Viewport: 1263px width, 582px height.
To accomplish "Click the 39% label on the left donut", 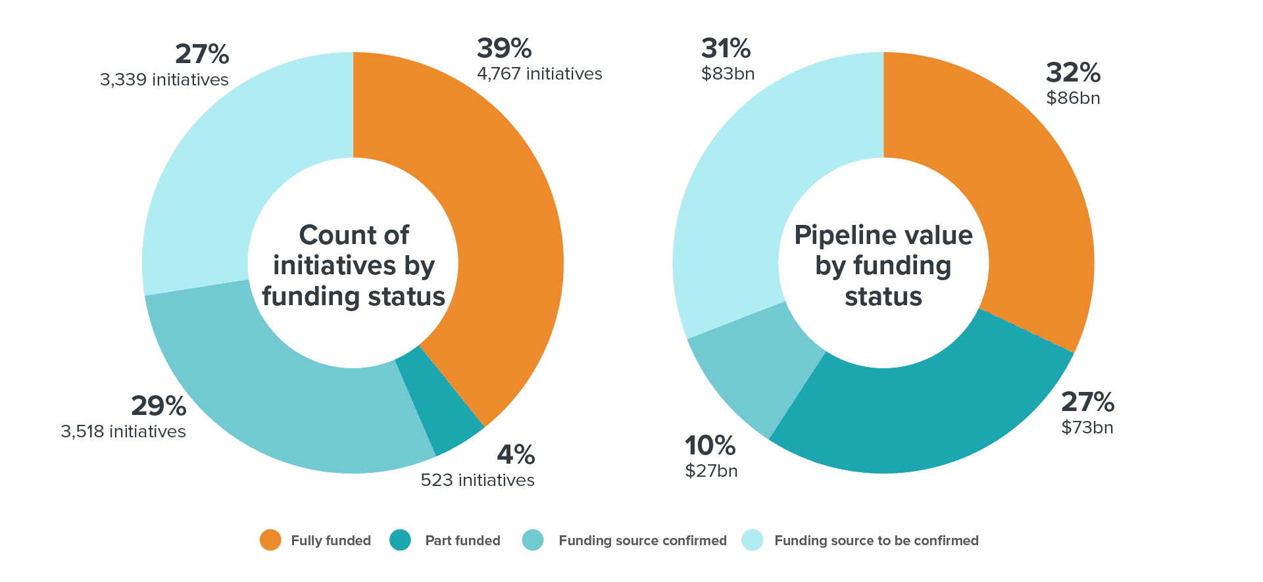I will coord(504,49).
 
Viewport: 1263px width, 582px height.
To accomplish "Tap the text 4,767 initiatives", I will coord(539,74).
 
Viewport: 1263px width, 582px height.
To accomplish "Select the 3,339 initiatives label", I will coord(164,80).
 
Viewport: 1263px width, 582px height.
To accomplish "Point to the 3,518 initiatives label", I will coord(123,431).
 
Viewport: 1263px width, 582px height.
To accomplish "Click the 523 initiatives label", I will coord(478,480).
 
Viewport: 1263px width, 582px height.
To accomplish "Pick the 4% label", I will coord(516,454).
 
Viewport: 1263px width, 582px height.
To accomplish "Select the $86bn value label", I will coord(1073,98).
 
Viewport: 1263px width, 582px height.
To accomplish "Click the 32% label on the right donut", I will coord(1073,73).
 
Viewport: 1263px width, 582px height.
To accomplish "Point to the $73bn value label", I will coord(1087,427).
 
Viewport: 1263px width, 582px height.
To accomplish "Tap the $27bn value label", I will coord(711,471).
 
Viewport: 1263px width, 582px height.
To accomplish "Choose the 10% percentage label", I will coord(710,446).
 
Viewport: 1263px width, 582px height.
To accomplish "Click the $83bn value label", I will coord(728,74).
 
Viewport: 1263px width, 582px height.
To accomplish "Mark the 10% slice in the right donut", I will coord(753,368).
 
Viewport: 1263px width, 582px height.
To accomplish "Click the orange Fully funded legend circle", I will coord(270,540).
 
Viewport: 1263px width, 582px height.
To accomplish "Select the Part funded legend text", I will coord(462,541).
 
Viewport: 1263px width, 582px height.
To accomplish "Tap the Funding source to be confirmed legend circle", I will coord(753,540).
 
